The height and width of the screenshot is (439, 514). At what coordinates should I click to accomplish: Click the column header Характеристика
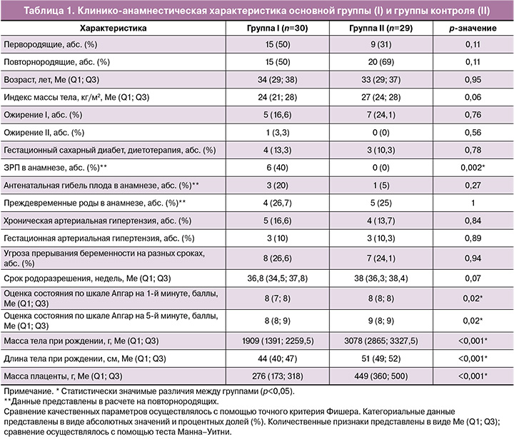(x=113, y=28)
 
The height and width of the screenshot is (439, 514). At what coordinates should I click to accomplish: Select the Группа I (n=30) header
(x=277, y=28)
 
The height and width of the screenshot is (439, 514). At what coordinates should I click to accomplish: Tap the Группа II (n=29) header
(x=381, y=28)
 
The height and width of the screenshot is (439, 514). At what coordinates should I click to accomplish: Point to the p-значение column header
(x=473, y=29)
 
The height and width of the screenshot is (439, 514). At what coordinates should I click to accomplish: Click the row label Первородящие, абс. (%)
(x=51, y=44)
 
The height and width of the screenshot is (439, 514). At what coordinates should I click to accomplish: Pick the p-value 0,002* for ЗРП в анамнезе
(x=473, y=168)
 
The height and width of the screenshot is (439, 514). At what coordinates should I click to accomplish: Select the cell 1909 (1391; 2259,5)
(x=278, y=341)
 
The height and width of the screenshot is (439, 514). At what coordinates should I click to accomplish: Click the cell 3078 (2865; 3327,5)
(x=381, y=341)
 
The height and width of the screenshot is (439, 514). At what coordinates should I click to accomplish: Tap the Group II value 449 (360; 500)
(x=381, y=376)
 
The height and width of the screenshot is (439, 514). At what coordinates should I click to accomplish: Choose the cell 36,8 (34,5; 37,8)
(x=277, y=278)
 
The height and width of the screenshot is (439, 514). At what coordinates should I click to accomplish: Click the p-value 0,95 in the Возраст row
(x=473, y=80)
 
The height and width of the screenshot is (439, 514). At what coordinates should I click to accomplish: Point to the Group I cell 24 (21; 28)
(x=277, y=97)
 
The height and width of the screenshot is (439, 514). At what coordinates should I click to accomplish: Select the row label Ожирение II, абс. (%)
(x=44, y=133)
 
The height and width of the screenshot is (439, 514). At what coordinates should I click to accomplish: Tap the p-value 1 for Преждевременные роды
(x=473, y=203)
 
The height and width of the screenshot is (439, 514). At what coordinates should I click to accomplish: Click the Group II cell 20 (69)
(x=381, y=62)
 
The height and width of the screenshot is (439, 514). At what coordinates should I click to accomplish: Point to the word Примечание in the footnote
(x=28, y=391)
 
